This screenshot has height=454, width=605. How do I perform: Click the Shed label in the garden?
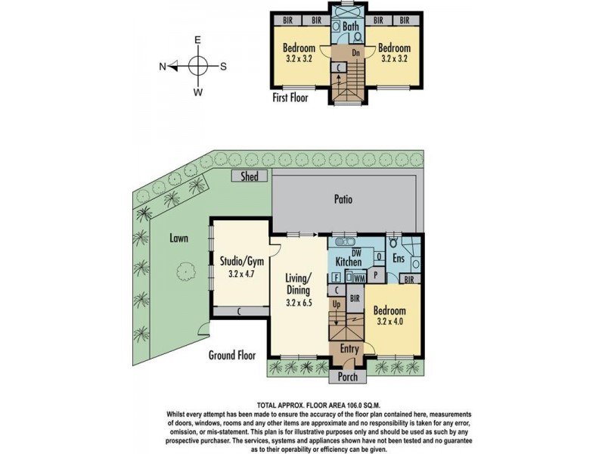250,176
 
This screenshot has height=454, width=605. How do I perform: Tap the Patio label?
343,199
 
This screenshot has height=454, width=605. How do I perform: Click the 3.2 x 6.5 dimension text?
299,303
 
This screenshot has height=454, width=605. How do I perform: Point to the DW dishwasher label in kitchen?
356,253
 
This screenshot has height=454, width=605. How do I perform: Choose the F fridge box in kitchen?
336,278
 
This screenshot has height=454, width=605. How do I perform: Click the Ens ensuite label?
399,257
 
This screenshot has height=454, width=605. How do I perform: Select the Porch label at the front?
348,377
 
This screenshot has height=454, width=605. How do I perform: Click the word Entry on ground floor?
349,349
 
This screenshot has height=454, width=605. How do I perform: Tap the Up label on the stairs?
337,305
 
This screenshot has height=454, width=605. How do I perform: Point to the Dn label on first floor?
355,53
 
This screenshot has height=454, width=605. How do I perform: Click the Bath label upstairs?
351,26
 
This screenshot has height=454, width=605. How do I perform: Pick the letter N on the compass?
163,67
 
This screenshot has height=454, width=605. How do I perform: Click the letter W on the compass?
197,92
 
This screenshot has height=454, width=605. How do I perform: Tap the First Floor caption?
290,98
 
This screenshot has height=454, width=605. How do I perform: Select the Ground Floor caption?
232,355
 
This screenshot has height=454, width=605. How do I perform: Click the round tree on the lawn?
186,271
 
